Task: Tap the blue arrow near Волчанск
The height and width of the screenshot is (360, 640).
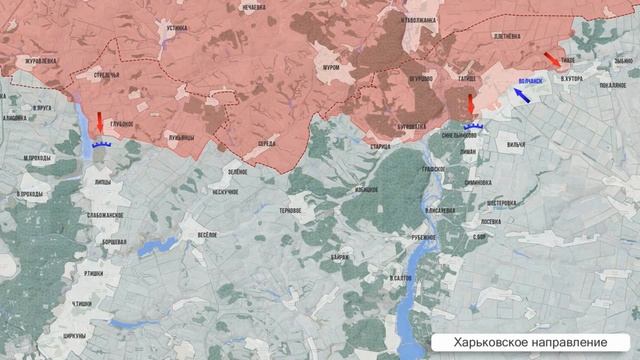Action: click(521, 95)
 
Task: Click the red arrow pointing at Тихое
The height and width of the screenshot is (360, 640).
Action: click(551, 59)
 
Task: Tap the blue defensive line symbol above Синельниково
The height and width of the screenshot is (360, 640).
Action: click(474, 127)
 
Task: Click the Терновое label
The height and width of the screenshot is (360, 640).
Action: click(291, 210)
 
